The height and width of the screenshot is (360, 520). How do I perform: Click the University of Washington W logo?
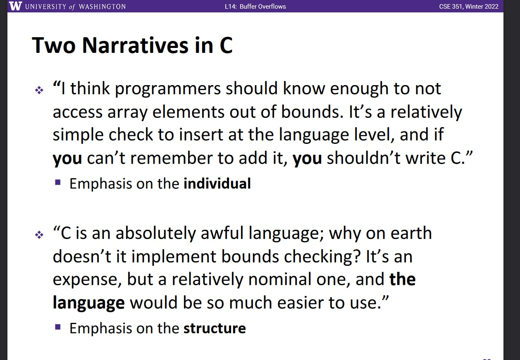pyautogui.click(x=15, y=6)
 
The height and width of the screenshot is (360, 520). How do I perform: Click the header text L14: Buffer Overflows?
pyautogui.click(x=255, y=7)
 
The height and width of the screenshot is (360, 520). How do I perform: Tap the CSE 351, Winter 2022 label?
pyautogui.click(x=469, y=7)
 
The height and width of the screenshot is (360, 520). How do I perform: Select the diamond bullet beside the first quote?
pyautogui.click(x=39, y=90)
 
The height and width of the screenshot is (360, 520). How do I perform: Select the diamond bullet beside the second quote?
pyautogui.click(x=39, y=235)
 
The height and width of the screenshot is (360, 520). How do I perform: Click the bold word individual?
pyautogui.click(x=217, y=184)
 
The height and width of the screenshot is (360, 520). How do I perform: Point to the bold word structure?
pyautogui.click(x=215, y=328)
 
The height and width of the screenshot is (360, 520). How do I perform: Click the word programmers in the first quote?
pyautogui.click(x=167, y=89)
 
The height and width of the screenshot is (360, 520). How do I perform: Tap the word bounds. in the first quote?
pyautogui.click(x=312, y=112)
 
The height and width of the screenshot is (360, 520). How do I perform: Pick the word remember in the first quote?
pyautogui.click(x=171, y=158)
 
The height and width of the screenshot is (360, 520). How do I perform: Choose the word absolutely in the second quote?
pyautogui.click(x=155, y=233)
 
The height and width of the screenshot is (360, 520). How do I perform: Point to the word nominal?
pyautogui.click(x=280, y=279)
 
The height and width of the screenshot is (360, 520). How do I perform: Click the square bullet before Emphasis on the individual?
pyautogui.click(x=58, y=182)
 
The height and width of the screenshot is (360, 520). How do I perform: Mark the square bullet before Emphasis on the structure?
pyautogui.click(x=58, y=327)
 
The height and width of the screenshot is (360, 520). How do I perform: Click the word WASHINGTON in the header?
pyautogui.click(x=102, y=7)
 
